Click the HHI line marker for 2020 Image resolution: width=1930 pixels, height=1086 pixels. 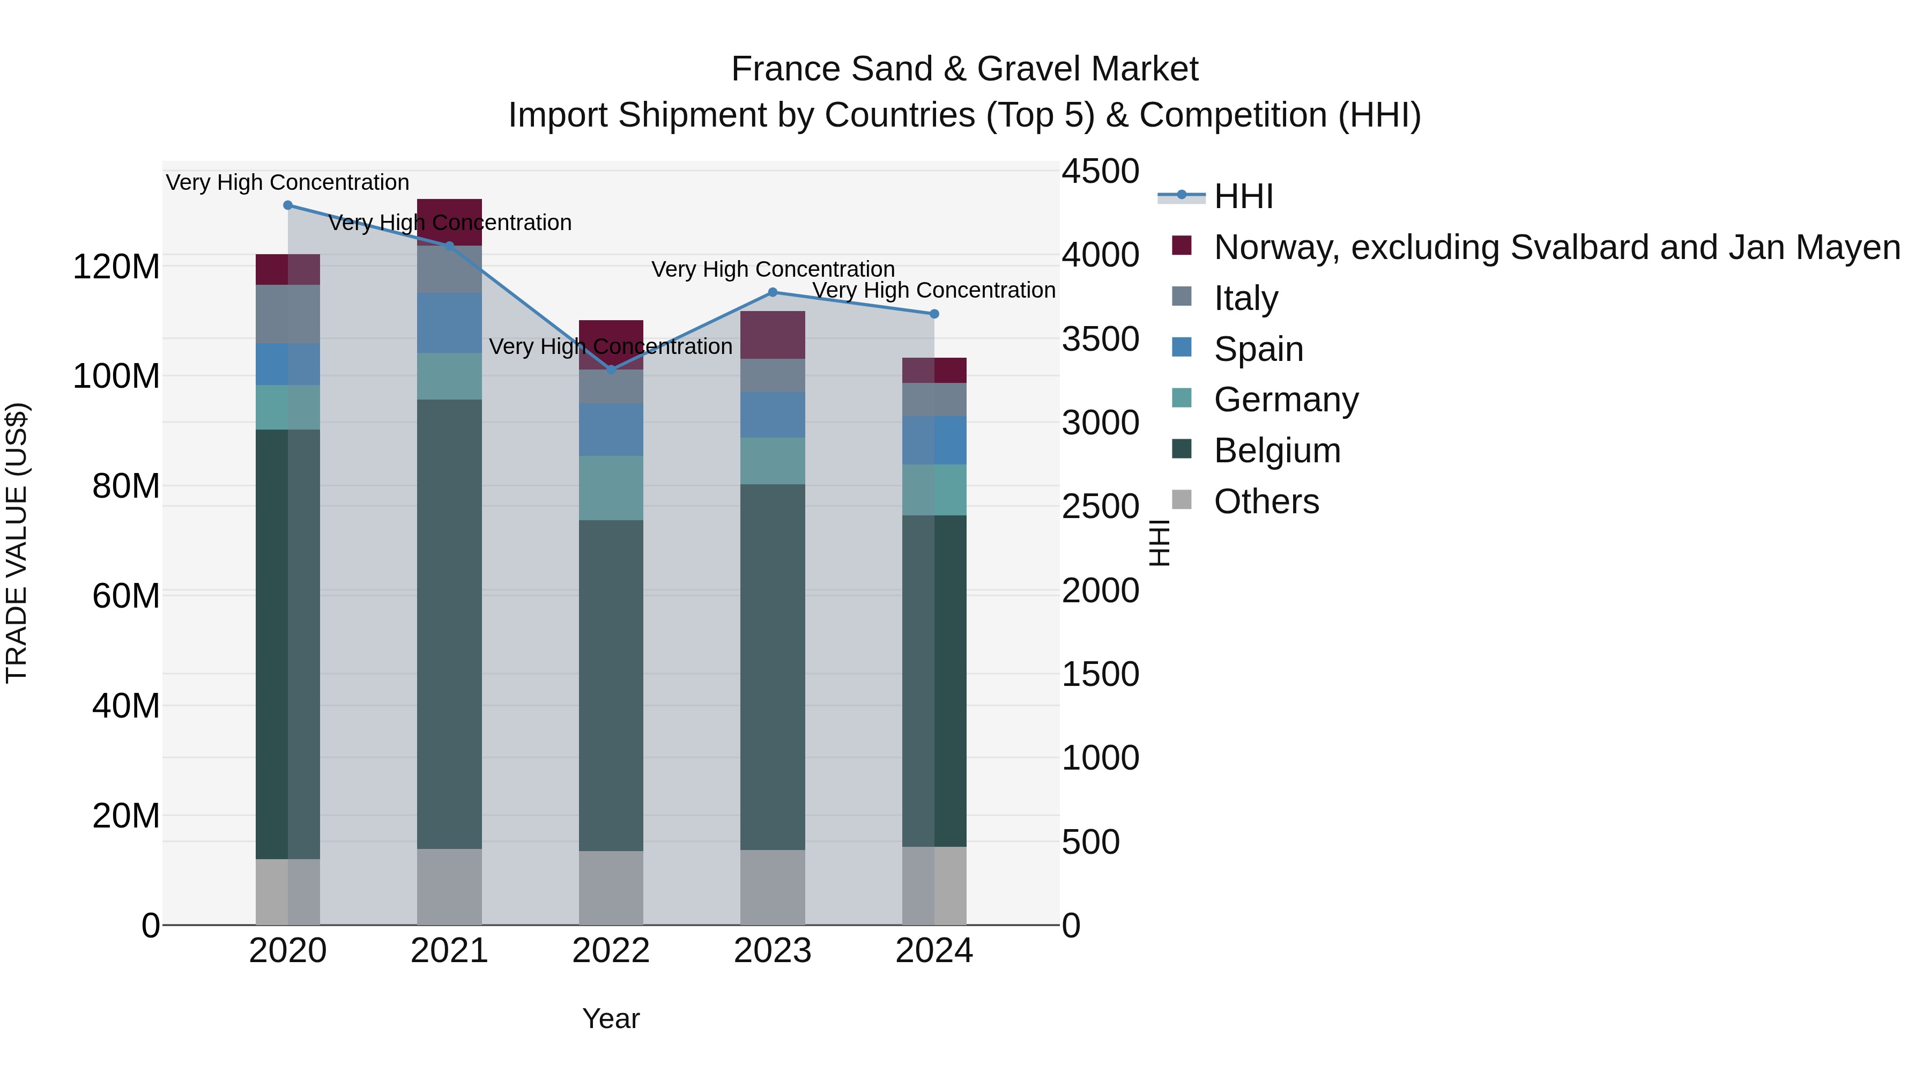(288, 205)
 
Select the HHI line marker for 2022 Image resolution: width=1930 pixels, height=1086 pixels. (611, 370)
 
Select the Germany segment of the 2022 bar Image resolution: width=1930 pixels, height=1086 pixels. (611, 488)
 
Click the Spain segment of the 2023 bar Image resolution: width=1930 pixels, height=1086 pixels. (773, 415)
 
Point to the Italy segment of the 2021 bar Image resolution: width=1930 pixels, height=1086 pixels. (450, 270)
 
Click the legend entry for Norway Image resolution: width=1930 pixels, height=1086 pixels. (1557, 247)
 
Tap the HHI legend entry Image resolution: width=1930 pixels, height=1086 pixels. (1244, 196)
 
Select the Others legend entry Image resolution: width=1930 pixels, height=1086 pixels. (1266, 501)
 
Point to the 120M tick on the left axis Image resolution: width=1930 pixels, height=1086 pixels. (116, 267)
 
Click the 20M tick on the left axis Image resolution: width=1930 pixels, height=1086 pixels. (126, 815)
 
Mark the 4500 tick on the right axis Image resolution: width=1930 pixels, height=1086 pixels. (1101, 172)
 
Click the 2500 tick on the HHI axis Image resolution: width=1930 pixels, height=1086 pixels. (1101, 507)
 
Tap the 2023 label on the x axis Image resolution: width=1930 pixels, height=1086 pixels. (773, 951)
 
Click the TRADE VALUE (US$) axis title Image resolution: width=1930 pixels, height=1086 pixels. (17, 543)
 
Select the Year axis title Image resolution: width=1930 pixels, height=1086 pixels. (611, 1018)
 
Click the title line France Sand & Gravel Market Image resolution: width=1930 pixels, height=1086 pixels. (964, 69)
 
